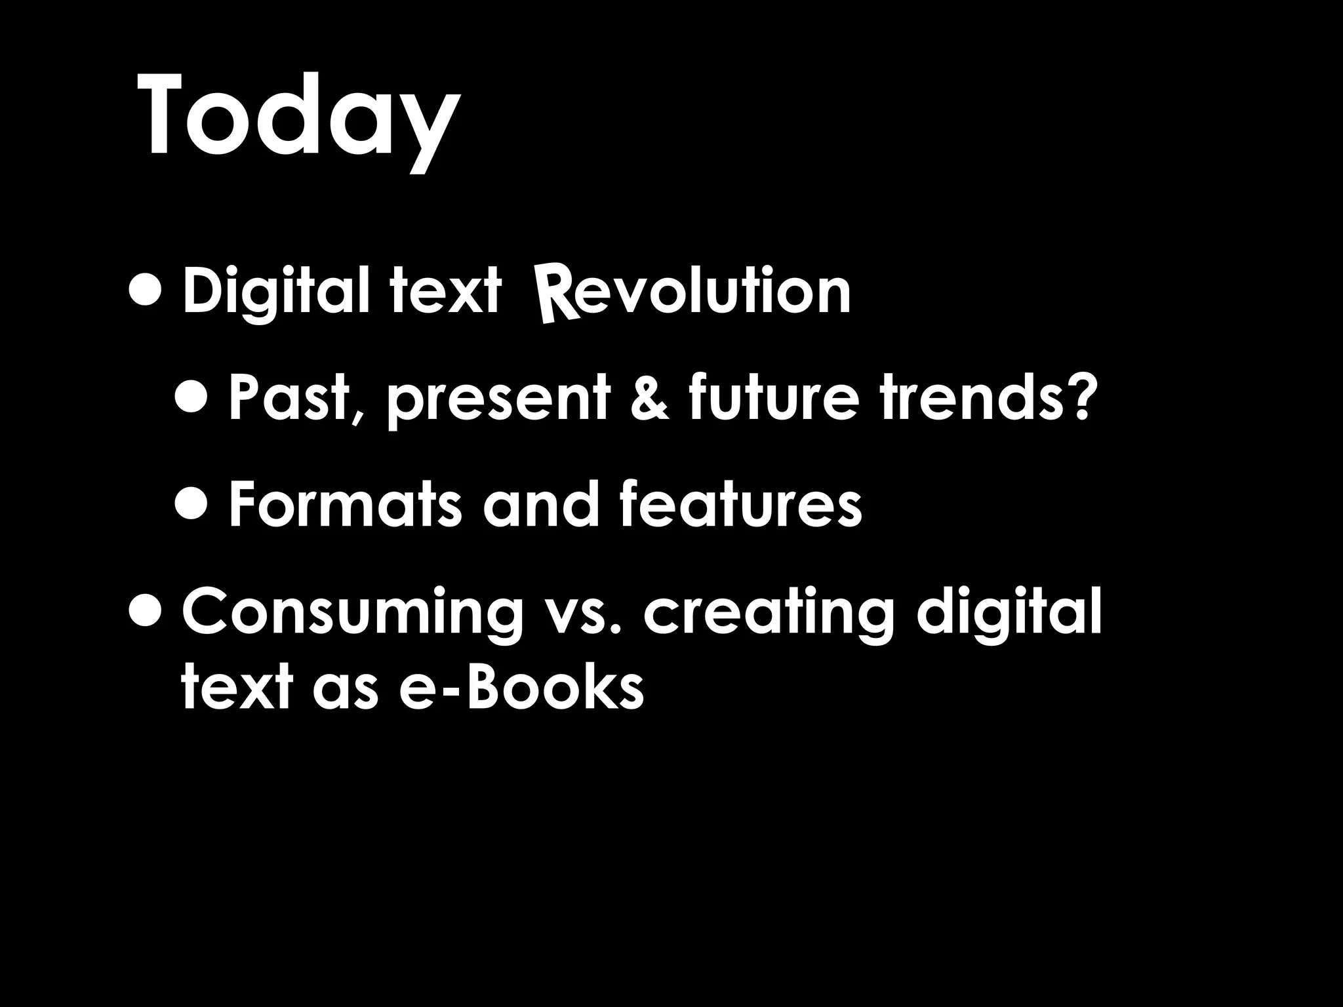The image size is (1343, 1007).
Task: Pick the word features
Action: tap(740, 505)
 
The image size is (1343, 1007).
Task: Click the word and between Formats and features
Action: tap(542, 505)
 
